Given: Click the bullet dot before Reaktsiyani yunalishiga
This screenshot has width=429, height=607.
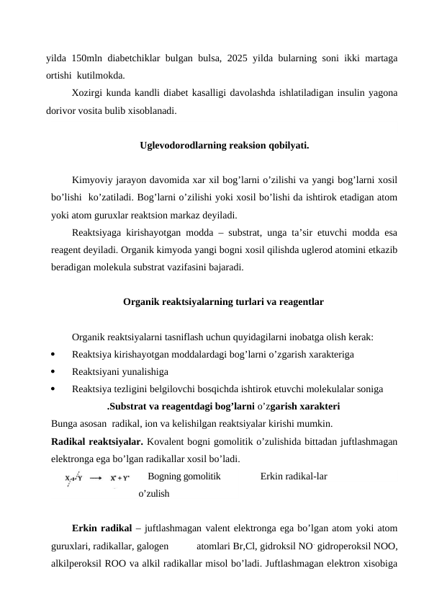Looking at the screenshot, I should click(55, 372).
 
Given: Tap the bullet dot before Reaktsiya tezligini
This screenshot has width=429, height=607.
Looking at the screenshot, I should click(55, 389).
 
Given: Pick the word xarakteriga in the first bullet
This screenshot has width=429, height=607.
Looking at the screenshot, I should click(327, 354).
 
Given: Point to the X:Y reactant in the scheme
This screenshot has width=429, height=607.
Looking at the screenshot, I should click(73, 478).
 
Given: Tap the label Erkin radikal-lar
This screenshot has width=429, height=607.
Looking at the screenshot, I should click(294, 477).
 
